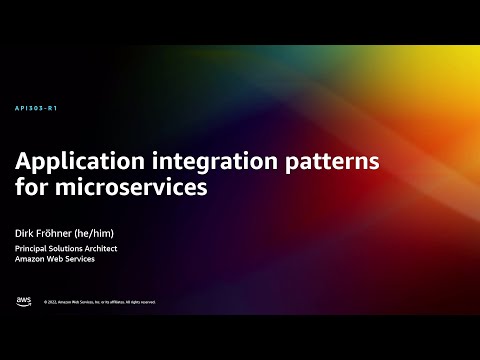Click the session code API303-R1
coord(36,108)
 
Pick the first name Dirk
coord(25,233)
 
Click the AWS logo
coord(23,300)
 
